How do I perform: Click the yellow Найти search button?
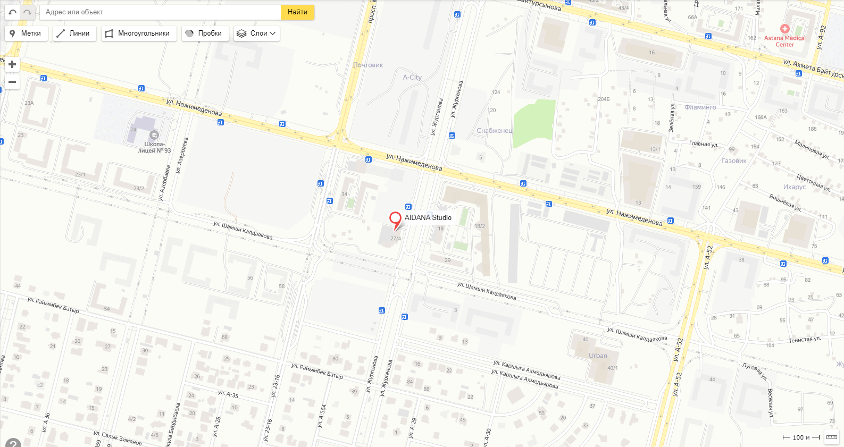pyautogui.click(x=297, y=12)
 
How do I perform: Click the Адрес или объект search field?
pyautogui.click(x=160, y=12)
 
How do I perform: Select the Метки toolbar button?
pyautogui.click(x=26, y=33)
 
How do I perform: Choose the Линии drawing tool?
pyautogui.click(x=74, y=33)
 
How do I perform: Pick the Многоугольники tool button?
pyautogui.click(x=138, y=33)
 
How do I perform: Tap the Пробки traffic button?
pyautogui.click(x=205, y=33)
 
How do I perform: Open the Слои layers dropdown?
pyautogui.click(x=257, y=33)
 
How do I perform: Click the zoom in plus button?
pyautogui.click(x=12, y=64)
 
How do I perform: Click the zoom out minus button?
pyautogui.click(x=12, y=82)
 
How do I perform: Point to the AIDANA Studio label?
pyautogui.click(x=428, y=217)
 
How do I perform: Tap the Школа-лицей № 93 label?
pyautogui.click(x=154, y=147)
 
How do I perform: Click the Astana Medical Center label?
pyautogui.click(x=784, y=41)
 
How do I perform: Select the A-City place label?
pyautogui.click(x=412, y=77)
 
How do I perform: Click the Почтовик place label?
pyautogui.click(x=368, y=65)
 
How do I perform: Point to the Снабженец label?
pyautogui.click(x=495, y=130)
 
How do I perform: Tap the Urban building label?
pyautogui.click(x=598, y=356)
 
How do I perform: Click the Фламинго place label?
pyautogui.click(x=700, y=107)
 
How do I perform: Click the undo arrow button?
pyautogui.click(x=12, y=12)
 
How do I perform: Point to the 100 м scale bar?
pyautogui.click(x=800, y=437)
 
